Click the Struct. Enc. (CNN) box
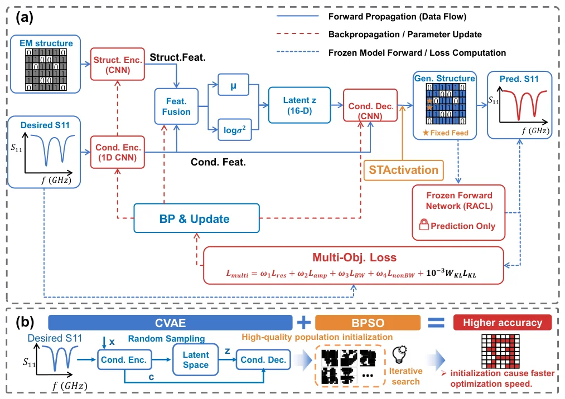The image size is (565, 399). (x=118, y=64)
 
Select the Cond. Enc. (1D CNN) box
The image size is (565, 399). (x=118, y=152)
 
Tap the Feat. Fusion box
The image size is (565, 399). (x=176, y=106)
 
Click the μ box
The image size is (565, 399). (x=234, y=85)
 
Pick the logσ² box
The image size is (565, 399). (x=235, y=130)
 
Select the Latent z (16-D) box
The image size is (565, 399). (x=300, y=105)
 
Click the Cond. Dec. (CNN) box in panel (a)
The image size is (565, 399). (x=370, y=105)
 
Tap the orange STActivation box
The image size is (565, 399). (x=404, y=170)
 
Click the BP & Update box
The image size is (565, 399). (x=196, y=218)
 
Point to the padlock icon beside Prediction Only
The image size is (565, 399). (x=424, y=225)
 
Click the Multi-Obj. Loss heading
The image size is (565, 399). (x=354, y=257)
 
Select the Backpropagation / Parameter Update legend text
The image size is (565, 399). (x=405, y=34)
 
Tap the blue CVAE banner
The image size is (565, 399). (x=170, y=323)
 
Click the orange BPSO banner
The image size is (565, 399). (x=368, y=323)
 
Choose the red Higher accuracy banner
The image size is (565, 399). (x=503, y=322)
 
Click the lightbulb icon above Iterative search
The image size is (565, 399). (x=399, y=354)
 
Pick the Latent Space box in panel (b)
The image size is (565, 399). (x=196, y=359)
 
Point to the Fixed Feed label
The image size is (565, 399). (x=446, y=133)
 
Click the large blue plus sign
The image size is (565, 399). (x=304, y=322)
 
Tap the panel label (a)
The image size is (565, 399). (x=25, y=17)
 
